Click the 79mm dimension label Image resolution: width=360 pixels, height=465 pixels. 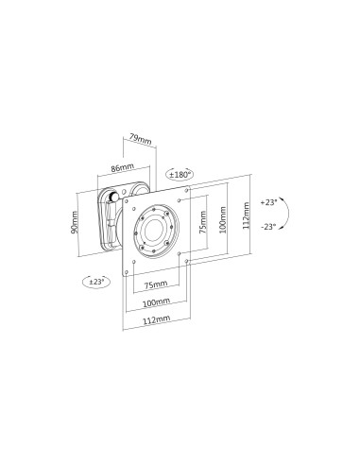[139, 139]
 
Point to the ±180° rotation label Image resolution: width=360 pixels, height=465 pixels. [180, 175]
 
